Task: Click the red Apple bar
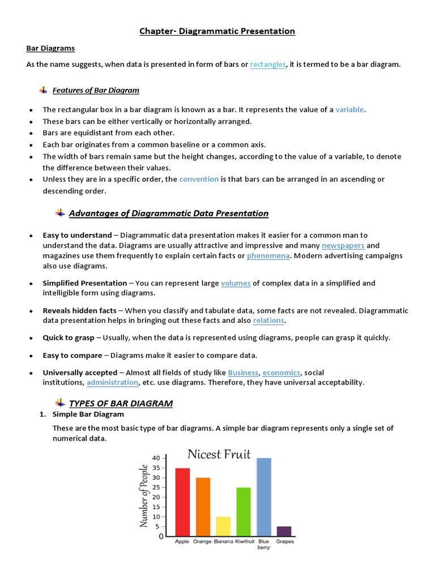[182, 502]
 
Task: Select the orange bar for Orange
[203, 507]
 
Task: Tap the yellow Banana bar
[223, 526]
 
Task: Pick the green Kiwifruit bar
[244, 511]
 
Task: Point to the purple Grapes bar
[284, 531]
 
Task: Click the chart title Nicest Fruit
[219, 454]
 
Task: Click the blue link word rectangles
[268, 65]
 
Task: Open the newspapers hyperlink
[343, 246]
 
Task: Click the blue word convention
[199, 180]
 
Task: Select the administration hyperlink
[112, 383]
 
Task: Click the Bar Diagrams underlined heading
[50, 49]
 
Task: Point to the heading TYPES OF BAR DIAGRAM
[121, 404]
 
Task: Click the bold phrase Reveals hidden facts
[79, 311]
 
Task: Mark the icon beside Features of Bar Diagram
[44, 90]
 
